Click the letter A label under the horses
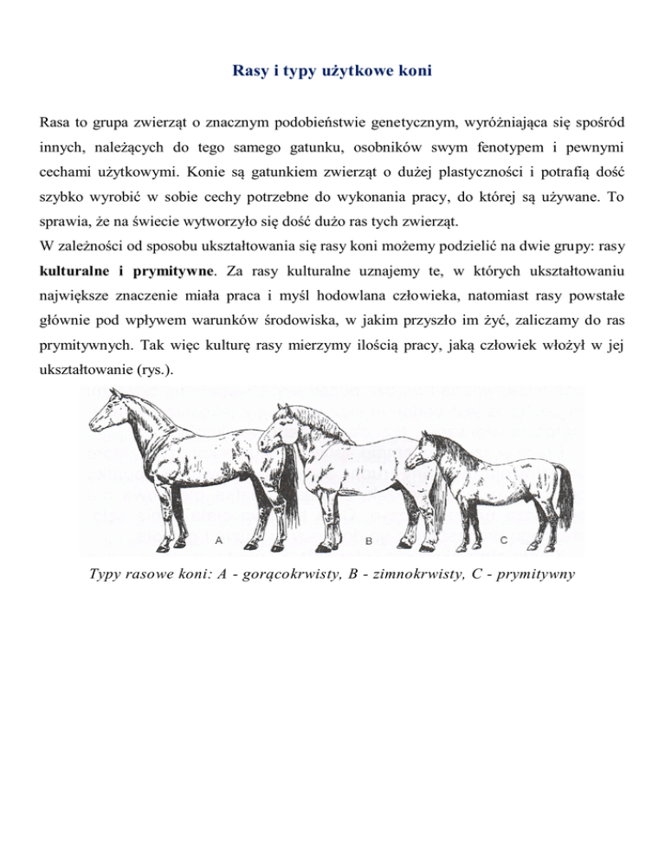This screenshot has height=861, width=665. click(219, 539)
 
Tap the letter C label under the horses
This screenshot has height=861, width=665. click(505, 539)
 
